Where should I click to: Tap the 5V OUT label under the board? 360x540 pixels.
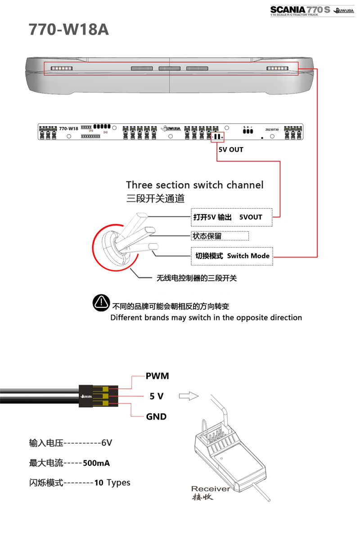(x=230, y=149)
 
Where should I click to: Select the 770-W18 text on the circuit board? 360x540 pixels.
(x=68, y=129)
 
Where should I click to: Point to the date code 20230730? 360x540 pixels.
(x=272, y=130)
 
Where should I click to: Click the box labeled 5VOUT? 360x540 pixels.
(x=232, y=217)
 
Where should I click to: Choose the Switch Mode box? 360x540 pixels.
(x=232, y=256)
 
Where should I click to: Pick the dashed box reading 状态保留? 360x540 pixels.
(x=220, y=236)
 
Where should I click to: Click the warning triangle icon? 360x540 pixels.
(x=101, y=302)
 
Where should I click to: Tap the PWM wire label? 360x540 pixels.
(x=157, y=376)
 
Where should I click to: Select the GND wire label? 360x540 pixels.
(x=156, y=417)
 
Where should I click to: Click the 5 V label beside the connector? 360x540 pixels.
(x=156, y=396)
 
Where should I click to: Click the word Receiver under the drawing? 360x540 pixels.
(x=210, y=489)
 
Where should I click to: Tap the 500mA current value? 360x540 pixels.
(x=96, y=463)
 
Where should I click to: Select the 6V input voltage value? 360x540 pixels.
(x=106, y=443)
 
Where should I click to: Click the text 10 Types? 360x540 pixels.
(x=112, y=483)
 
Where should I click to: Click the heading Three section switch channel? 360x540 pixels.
(x=194, y=185)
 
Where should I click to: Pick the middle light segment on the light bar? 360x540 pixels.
(x=169, y=68)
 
